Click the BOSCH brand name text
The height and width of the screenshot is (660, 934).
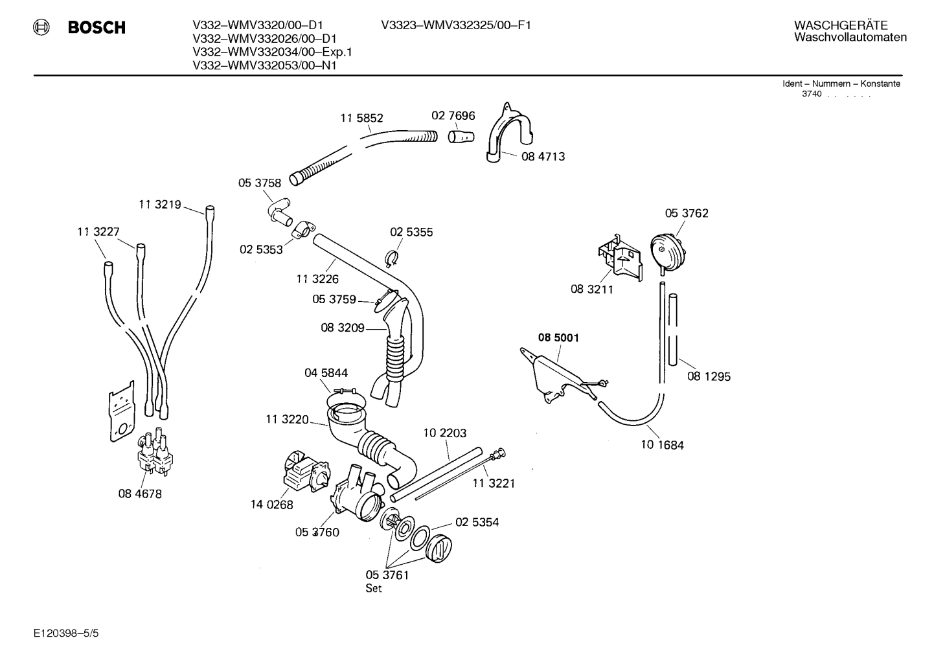pyautogui.click(x=97, y=27)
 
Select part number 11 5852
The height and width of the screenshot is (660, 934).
pyautogui.click(x=361, y=119)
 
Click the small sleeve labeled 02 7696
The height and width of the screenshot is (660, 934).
pyautogui.click(x=461, y=136)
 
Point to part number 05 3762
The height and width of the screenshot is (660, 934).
pyautogui.click(x=687, y=214)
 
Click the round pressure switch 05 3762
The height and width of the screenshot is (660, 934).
pyautogui.click(x=668, y=253)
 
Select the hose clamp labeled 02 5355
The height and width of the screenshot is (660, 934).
pyautogui.click(x=391, y=258)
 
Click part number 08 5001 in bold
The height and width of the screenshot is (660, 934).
pyautogui.click(x=558, y=337)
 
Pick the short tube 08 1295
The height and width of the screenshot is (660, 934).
pyautogui.click(x=672, y=330)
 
